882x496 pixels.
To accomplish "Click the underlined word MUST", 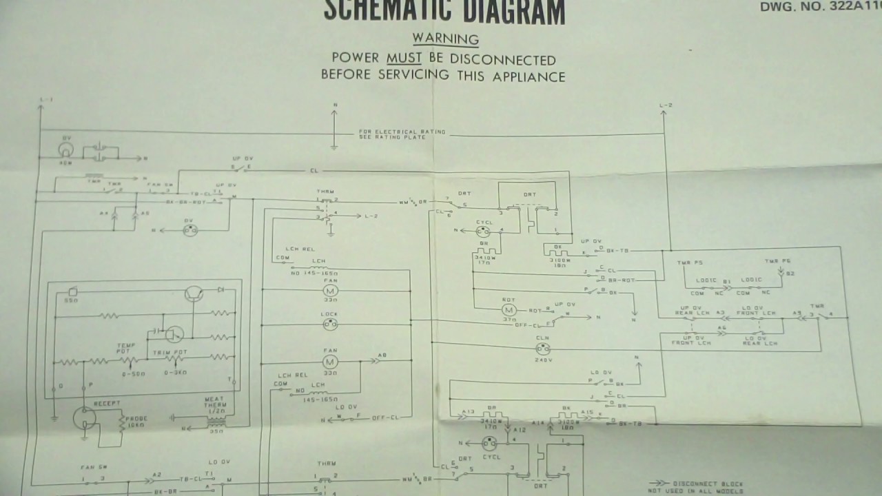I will coord(404,59).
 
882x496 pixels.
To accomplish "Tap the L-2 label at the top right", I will coord(665,105).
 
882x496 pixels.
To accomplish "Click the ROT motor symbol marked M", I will coord(510,311).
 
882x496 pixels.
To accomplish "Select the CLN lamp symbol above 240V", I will coord(542,348).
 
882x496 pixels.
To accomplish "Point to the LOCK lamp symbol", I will coord(330,324).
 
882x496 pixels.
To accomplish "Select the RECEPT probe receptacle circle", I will coord(84,417).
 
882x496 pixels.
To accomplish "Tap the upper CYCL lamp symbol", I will coord(482,232).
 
